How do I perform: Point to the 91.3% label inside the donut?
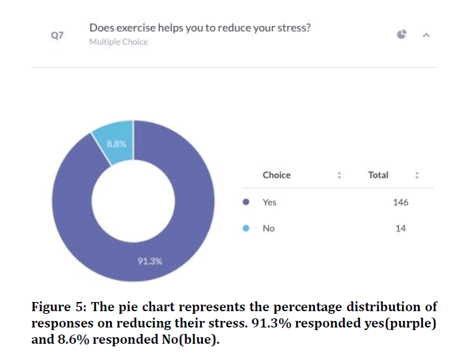[x=150, y=261]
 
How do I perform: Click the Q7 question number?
[x=57, y=35]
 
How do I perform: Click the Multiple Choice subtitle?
[x=118, y=42]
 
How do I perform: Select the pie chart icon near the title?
[x=402, y=35]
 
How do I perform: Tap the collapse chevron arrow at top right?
[x=426, y=35]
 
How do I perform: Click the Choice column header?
[x=277, y=175]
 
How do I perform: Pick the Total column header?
[x=378, y=175]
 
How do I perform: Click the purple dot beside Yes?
[x=246, y=202]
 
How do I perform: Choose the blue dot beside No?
[x=246, y=228]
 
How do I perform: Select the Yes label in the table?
[x=269, y=202]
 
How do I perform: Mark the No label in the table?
[x=269, y=228]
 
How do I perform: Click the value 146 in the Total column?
[x=400, y=202]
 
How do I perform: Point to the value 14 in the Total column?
[x=400, y=228]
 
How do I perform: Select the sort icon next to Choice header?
[x=339, y=175]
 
